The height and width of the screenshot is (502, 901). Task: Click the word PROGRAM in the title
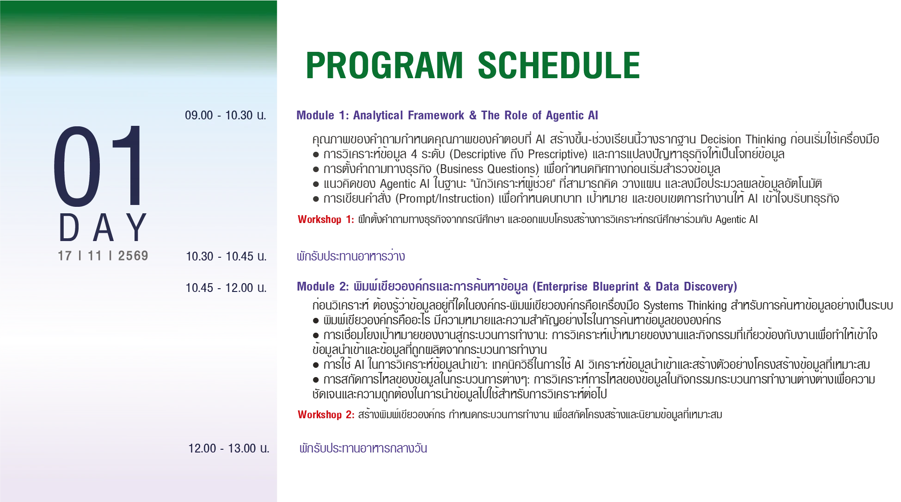(x=384, y=65)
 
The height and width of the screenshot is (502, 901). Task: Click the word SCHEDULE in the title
(x=559, y=65)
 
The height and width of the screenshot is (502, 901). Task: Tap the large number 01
(x=98, y=166)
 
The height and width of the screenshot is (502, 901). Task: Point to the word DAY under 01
(x=103, y=228)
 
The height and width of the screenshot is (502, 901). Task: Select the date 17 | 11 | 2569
(x=103, y=256)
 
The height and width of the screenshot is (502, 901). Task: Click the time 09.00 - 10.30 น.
(x=226, y=115)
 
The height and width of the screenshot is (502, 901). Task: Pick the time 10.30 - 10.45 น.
(x=226, y=256)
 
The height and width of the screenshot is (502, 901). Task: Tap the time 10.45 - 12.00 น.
(x=226, y=288)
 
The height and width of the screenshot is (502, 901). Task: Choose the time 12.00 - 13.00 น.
(x=228, y=448)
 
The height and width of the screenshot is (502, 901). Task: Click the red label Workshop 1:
(x=326, y=219)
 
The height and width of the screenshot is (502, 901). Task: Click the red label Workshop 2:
(x=326, y=415)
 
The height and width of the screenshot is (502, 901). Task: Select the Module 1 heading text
(x=447, y=115)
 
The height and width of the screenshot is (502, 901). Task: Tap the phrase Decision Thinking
(x=743, y=139)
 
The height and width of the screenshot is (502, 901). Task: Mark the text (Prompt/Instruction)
(x=445, y=198)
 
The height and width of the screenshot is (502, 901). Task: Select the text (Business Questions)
(x=488, y=169)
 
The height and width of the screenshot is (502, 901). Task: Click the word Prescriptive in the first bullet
(x=556, y=154)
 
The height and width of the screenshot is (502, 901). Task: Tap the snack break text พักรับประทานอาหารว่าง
(x=351, y=255)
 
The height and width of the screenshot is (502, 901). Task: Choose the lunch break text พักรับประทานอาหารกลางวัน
(x=363, y=448)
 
